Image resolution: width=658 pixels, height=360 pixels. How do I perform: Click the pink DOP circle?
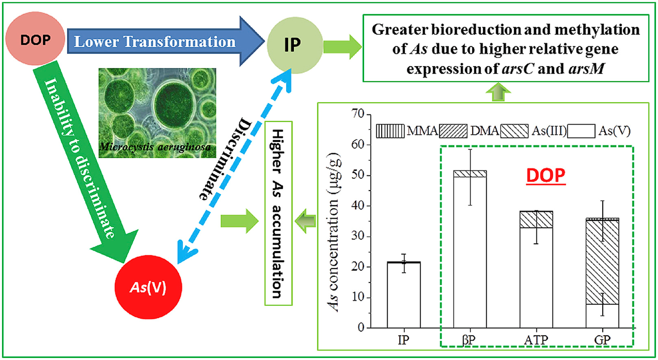(x=35, y=39)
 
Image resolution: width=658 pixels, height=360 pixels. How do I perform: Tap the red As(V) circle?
(x=148, y=287)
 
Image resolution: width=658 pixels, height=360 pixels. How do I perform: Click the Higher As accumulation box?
(x=278, y=213)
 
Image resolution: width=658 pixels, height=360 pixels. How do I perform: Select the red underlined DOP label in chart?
(x=545, y=176)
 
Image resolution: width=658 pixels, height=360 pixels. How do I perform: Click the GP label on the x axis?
(x=602, y=340)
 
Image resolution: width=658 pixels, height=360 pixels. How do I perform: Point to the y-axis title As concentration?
(x=334, y=232)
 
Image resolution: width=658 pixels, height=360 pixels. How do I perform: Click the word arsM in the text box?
(x=586, y=68)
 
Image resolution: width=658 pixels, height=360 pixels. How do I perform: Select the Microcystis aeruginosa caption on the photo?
(x=156, y=147)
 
